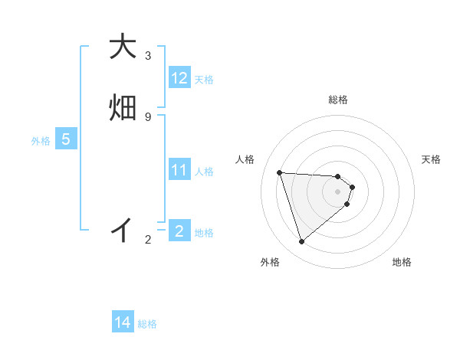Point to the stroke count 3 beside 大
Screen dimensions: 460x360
click(x=148, y=56)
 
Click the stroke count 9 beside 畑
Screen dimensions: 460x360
click(x=148, y=116)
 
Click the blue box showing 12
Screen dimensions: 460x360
click(x=179, y=78)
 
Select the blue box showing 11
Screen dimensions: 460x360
click(x=179, y=170)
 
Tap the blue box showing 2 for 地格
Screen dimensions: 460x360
click(x=179, y=231)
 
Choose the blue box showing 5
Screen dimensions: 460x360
click(x=66, y=139)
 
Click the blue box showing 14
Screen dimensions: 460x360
click(x=123, y=323)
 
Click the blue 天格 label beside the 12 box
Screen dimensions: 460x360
click(x=204, y=80)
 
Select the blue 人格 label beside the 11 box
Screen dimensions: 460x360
click(x=204, y=172)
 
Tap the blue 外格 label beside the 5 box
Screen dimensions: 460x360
click(x=41, y=141)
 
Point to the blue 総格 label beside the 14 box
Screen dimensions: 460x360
click(x=147, y=325)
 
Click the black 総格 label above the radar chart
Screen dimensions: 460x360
click(x=338, y=100)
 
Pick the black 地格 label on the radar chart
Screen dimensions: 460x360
click(x=402, y=262)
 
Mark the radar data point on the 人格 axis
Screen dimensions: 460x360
click(x=280, y=172)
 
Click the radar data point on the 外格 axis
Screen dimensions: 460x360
click(x=301, y=242)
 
